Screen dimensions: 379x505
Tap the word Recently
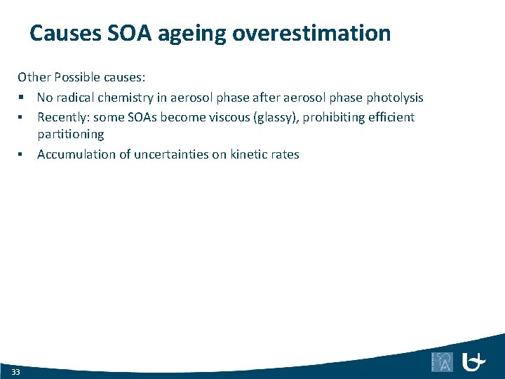[62, 117]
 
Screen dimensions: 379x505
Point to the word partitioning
[70, 134]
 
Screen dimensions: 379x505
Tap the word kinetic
[250, 154]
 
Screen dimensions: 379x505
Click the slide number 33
[15, 371]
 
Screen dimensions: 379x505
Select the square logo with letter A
[442, 361]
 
